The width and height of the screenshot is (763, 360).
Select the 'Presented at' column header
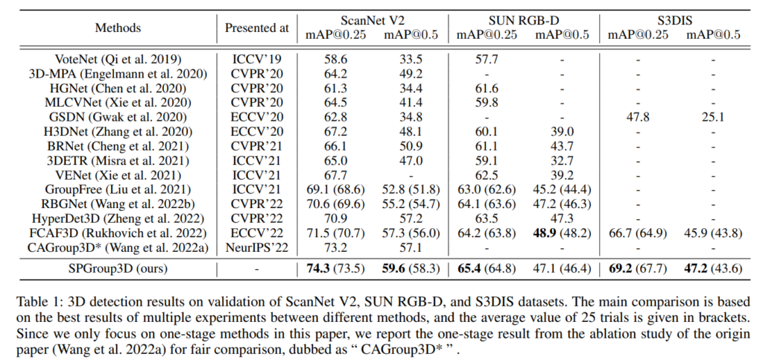click(256, 28)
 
